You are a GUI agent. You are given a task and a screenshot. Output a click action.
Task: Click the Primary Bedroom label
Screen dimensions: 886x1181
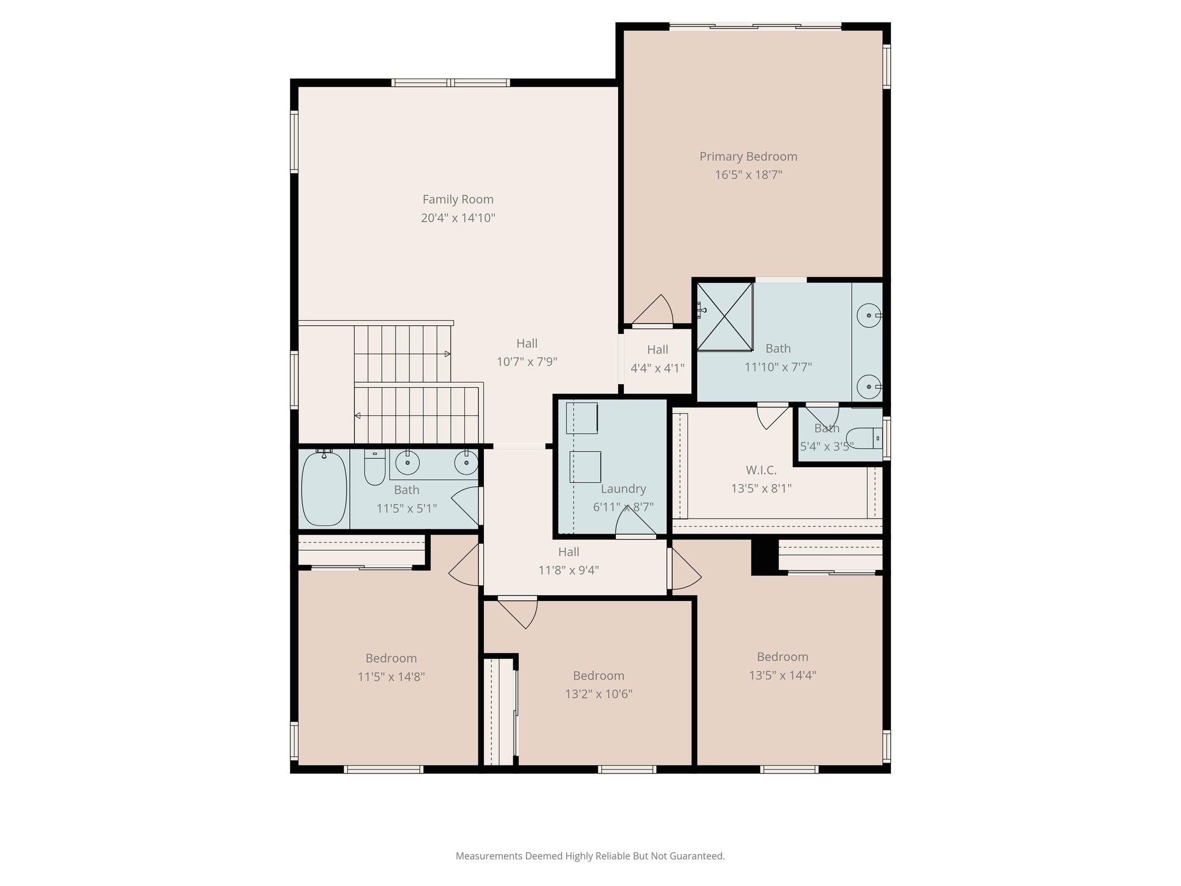click(748, 156)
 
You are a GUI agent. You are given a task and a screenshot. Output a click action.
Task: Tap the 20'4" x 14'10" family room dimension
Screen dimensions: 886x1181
click(458, 218)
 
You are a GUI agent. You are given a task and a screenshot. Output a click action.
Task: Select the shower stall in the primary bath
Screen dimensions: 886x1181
click(724, 316)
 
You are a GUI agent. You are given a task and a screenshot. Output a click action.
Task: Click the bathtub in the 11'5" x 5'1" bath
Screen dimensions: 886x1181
click(324, 488)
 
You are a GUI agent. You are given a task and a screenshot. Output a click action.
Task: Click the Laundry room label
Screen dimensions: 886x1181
click(623, 489)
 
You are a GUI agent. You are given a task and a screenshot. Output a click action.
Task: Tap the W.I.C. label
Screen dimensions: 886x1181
click(761, 470)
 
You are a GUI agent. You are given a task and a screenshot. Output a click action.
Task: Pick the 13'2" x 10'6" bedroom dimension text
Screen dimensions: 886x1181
click(599, 694)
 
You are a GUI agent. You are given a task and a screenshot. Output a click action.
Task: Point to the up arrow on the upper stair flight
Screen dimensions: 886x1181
click(447, 354)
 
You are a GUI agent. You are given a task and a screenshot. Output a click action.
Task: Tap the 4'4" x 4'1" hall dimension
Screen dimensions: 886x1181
click(657, 368)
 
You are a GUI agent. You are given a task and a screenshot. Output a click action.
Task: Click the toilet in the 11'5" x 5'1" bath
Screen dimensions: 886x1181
click(375, 468)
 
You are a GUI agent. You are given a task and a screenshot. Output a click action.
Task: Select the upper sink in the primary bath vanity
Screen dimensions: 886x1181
click(868, 316)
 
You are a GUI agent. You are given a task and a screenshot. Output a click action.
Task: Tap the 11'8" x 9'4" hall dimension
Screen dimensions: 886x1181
click(569, 570)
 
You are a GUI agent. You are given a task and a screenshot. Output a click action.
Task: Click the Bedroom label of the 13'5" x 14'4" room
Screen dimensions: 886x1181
click(782, 656)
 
